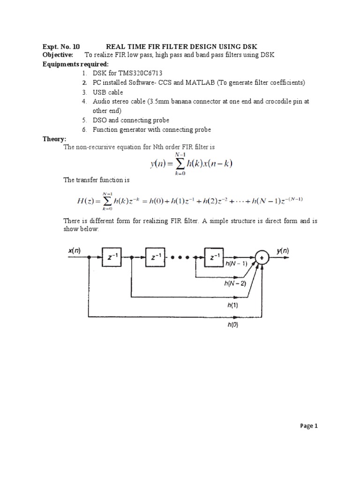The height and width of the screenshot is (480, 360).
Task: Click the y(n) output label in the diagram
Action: coord(283,251)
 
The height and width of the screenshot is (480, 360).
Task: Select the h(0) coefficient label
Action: coord(233,324)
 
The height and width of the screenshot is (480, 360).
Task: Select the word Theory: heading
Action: coord(55,139)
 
